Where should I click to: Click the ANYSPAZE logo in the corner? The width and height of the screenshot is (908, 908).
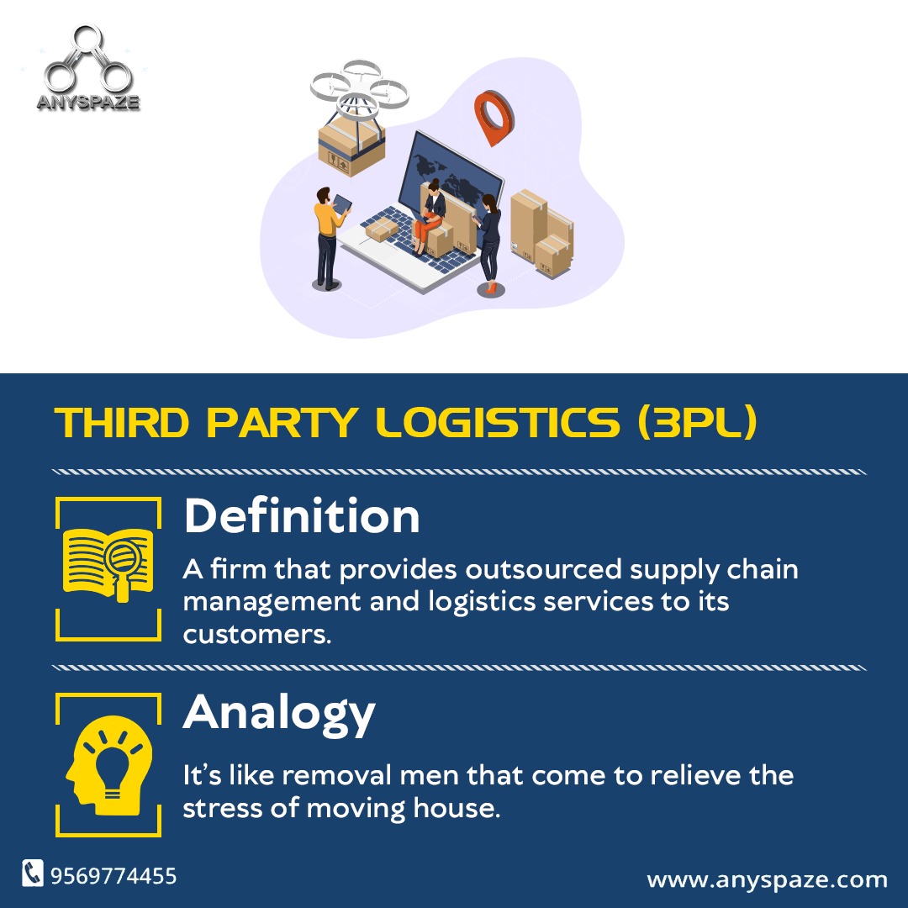[x=88, y=71]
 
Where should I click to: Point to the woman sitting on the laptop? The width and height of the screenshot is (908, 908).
[x=433, y=210]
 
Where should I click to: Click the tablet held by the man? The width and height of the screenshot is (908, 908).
[x=343, y=203]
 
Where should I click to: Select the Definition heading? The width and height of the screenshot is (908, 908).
[x=301, y=516]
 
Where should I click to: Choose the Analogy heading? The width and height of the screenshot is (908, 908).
[x=279, y=713]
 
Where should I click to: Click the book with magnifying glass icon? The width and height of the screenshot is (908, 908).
[x=108, y=562]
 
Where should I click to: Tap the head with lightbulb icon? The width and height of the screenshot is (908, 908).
[x=108, y=765]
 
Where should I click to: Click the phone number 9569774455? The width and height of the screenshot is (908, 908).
[x=113, y=876]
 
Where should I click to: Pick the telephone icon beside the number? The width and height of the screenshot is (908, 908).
[x=33, y=874]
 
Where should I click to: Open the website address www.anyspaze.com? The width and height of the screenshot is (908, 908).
[x=767, y=880]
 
